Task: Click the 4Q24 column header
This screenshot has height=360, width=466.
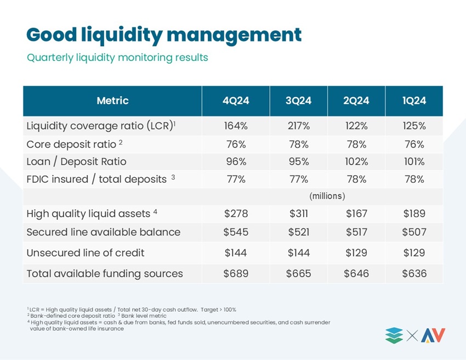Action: [x=236, y=100]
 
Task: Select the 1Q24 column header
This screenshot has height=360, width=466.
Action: [x=414, y=100]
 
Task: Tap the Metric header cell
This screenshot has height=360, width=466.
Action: [x=112, y=100]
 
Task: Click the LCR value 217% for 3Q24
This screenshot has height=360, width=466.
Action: [x=298, y=126]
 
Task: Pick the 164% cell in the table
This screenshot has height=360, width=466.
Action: [x=236, y=126]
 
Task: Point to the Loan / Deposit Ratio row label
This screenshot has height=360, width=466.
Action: [x=76, y=161]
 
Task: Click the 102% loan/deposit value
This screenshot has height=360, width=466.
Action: [x=356, y=161]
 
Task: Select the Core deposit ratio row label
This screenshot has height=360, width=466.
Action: [x=75, y=144]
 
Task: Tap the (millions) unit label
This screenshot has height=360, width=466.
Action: [x=327, y=196]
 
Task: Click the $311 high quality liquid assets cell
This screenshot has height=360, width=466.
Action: [x=298, y=213]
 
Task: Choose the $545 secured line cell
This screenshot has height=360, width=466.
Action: [x=236, y=232]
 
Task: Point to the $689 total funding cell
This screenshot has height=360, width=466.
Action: [x=236, y=273]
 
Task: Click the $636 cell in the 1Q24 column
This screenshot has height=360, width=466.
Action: [x=414, y=273]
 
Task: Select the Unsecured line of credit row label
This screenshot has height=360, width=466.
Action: [x=86, y=252]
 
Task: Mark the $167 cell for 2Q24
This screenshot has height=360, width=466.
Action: [x=356, y=213]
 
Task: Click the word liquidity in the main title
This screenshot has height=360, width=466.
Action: [x=122, y=35]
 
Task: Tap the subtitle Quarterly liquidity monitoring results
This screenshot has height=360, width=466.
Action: [x=117, y=58]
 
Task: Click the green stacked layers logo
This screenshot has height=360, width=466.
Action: [x=394, y=336]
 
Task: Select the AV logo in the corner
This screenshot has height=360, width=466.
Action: [x=433, y=335]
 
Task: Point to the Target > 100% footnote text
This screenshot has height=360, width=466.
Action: [x=218, y=310]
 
